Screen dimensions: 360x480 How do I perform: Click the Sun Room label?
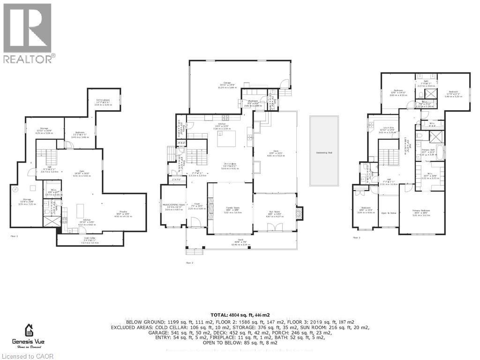pyautogui.click(x=275, y=215)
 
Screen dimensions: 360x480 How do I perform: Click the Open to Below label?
pyautogui.click(x=388, y=213)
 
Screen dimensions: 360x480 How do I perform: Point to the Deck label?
pyautogui.click(x=276, y=153)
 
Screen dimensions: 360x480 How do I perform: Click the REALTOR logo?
pyautogui.click(x=28, y=33)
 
